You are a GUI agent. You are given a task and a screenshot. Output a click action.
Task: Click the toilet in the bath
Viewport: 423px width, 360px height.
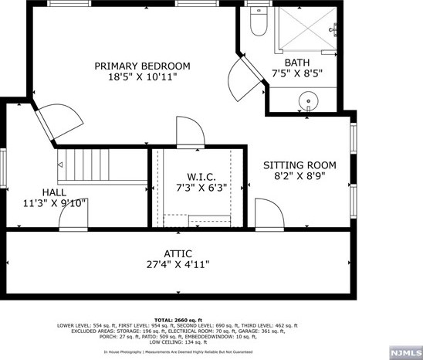pos(259,24)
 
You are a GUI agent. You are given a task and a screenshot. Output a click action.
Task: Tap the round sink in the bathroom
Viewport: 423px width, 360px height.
pos(308,100)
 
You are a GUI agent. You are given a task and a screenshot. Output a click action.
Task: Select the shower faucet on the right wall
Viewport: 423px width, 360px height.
pos(334,30)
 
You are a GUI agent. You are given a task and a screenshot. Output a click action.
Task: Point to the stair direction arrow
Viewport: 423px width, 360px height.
pos(60,165)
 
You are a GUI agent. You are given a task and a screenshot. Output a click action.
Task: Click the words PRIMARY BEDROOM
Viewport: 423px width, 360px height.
pos(142,66)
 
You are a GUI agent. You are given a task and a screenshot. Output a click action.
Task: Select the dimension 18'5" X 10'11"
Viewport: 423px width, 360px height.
pos(142,78)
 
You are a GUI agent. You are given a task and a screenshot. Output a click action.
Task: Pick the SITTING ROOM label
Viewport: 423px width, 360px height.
pos(299,165)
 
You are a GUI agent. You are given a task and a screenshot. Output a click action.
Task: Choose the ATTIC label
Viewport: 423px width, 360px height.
pos(177,253)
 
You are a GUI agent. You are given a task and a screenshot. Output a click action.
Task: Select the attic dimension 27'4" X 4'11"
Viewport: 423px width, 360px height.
pos(177,265)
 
